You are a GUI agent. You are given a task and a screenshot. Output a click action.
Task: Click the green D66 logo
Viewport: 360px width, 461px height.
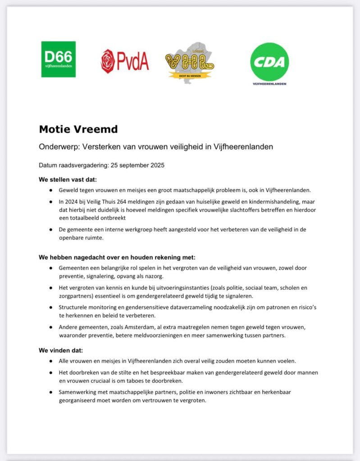point(59,59)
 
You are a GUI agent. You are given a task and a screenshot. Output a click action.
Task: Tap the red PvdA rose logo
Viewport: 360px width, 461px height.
point(125,61)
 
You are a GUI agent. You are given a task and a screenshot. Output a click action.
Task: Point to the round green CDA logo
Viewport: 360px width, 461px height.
point(269,62)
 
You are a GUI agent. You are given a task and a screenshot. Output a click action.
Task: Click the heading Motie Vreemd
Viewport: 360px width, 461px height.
point(78,129)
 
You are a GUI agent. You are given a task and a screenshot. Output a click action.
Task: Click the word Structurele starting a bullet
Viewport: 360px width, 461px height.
point(73,307)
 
